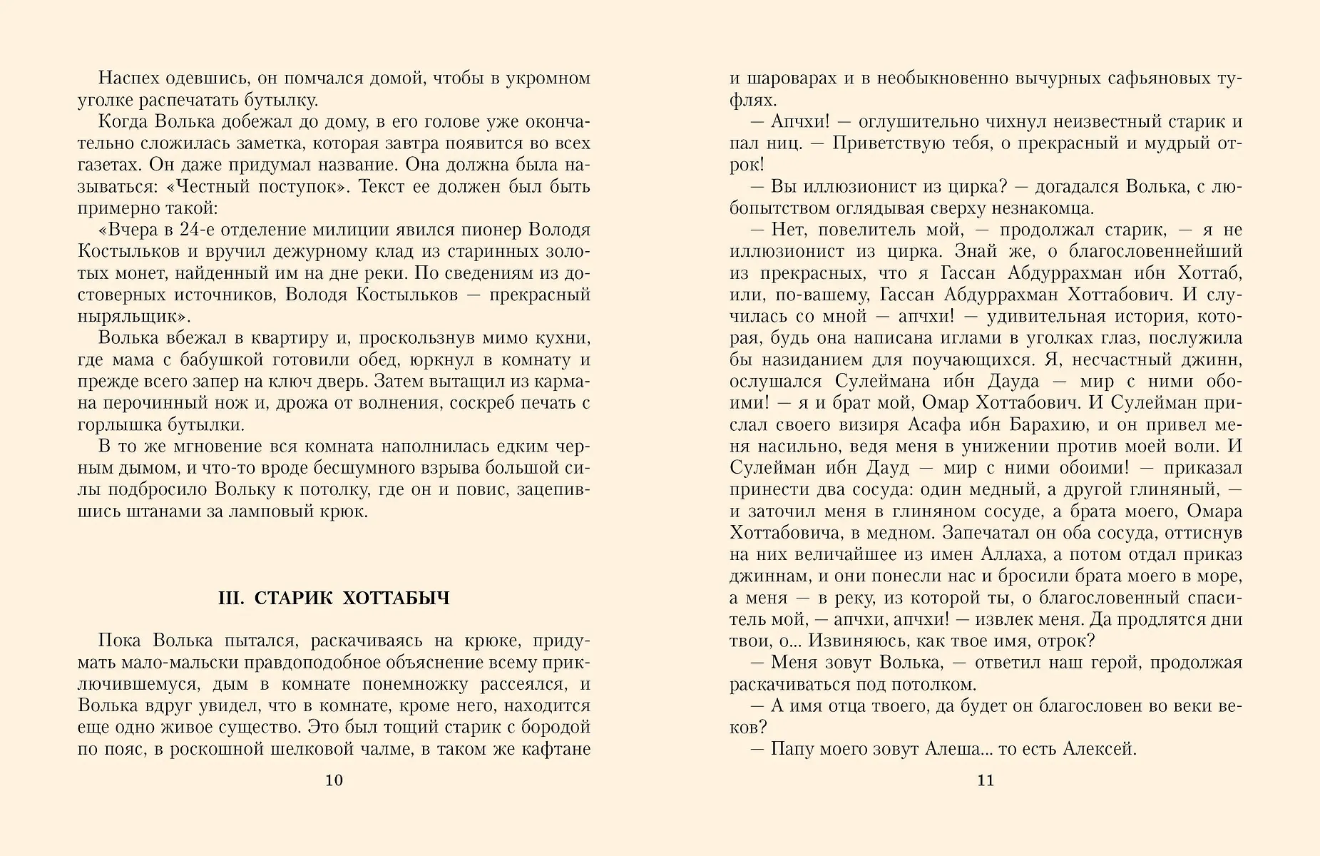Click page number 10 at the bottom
pos(334,780)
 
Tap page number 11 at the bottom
pos(985,780)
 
